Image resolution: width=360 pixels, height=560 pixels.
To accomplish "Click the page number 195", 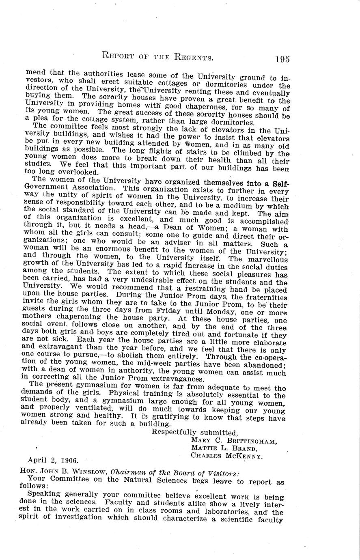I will pyautogui.click(x=282, y=59).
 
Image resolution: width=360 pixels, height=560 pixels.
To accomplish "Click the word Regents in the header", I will pyautogui.click(x=187, y=57).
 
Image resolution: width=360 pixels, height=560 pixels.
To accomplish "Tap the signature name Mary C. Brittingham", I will pyautogui.click(x=234, y=441).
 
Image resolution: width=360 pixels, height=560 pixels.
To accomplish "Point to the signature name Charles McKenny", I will pyautogui.click(x=226, y=456).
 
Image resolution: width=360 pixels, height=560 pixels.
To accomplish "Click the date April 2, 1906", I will pyautogui.click(x=53, y=461).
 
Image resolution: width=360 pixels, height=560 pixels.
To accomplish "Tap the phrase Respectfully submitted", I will pyautogui.click(x=194, y=433).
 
